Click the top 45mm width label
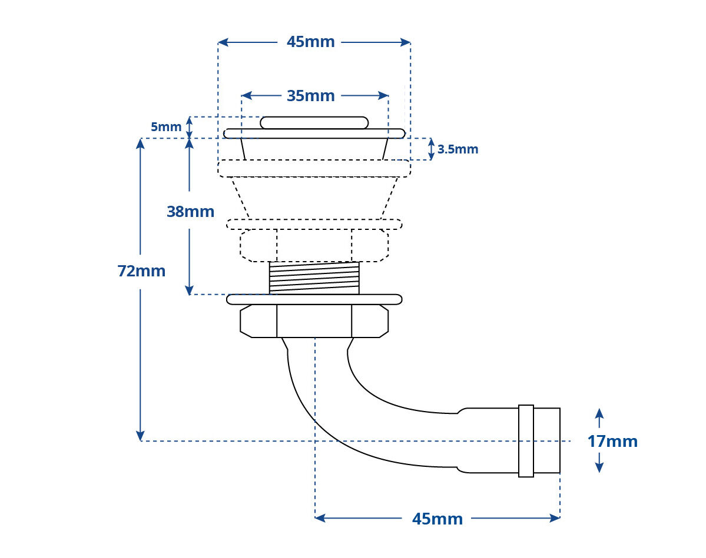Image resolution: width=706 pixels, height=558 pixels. (x=311, y=42)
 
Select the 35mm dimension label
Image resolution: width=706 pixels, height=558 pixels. (x=311, y=96)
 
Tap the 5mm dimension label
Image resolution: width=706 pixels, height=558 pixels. (x=165, y=127)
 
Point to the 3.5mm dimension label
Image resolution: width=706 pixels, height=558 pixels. (x=458, y=149)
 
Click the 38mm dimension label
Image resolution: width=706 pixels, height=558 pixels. (x=190, y=211)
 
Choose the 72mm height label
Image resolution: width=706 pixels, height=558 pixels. (x=141, y=271)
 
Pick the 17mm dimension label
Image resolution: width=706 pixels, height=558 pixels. (x=612, y=442)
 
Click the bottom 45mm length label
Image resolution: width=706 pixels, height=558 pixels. (x=437, y=519)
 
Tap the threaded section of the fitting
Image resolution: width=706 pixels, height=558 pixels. (x=314, y=278)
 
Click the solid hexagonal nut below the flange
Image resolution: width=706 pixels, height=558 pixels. (x=314, y=321)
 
